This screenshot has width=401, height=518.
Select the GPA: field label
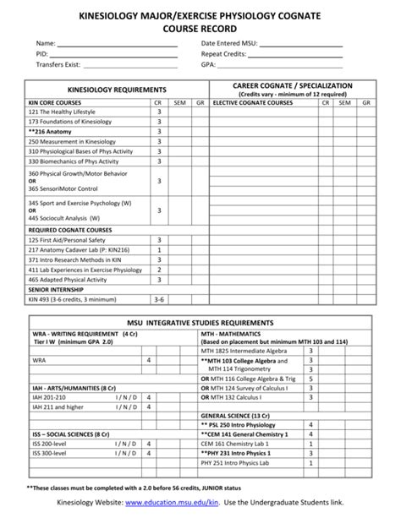coord(209,64)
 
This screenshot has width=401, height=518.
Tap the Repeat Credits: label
coord(223,53)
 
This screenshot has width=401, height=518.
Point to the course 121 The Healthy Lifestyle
coord(62,112)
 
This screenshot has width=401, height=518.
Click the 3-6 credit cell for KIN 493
coord(158,299)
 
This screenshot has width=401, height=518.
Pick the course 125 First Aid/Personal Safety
coord(69,240)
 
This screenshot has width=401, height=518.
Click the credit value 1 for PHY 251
coord(311,463)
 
